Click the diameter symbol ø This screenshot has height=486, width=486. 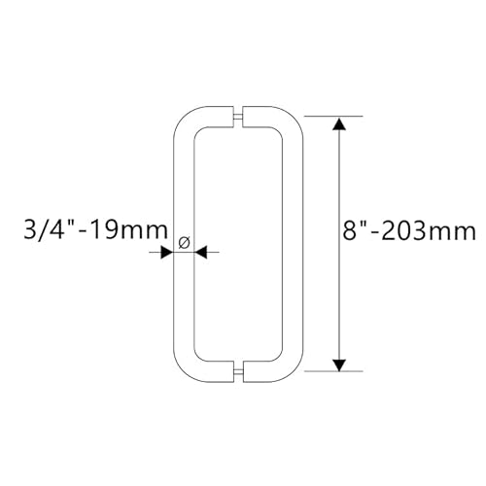[x=185, y=239]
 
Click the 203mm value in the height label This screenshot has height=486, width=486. [x=435, y=231]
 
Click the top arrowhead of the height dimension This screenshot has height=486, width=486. [x=338, y=123]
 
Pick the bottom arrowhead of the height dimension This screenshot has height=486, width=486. [x=338, y=364]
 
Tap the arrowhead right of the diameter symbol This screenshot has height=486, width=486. [x=202, y=252]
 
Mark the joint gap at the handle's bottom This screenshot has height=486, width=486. [x=239, y=371]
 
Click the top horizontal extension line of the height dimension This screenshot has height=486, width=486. [x=335, y=117]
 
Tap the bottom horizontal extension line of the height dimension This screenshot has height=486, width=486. [x=335, y=370]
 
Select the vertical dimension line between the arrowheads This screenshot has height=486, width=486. [x=338, y=292]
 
